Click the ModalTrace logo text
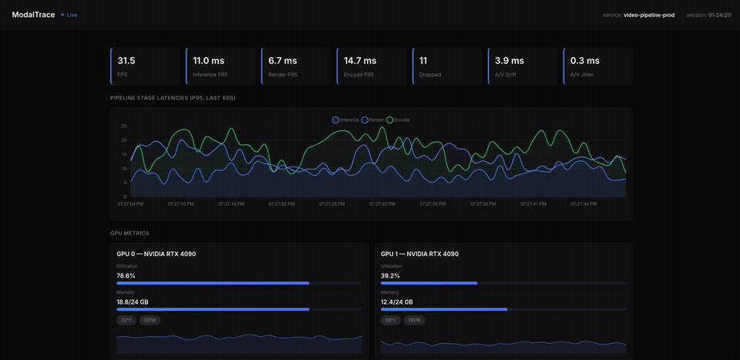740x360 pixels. [x=33, y=15]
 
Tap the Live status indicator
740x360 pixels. [x=69, y=15]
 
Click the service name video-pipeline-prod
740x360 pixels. [x=649, y=15]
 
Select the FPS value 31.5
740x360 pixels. [x=126, y=60]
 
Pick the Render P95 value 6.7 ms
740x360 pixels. [x=283, y=60]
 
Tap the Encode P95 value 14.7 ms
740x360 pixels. [x=360, y=60]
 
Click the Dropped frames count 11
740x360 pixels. [x=423, y=60]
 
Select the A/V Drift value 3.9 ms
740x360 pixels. [x=510, y=60]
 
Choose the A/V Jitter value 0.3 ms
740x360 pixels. [x=585, y=60]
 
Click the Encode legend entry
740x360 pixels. [x=399, y=120]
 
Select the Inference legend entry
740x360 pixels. [x=345, y=120]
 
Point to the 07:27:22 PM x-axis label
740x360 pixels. [x=282, y=204]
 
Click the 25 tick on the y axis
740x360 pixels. [x=123, y=126]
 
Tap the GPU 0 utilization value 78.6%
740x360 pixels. [x=126, y=275]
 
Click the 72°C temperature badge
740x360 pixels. [x=126, y=320]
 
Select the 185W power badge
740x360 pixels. [x=414, y=320]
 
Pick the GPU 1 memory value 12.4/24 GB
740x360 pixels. [x=397, y=301]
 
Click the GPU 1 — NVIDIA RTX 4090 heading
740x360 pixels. [x=419, y=254]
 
